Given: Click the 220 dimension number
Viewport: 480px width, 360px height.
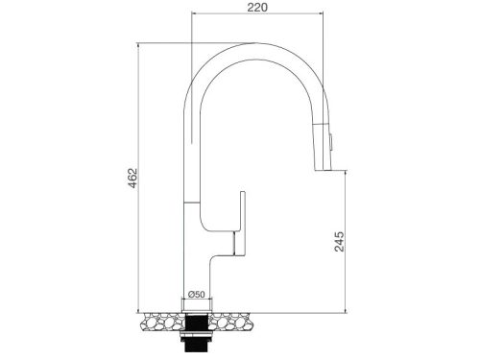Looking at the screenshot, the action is click(257, 8).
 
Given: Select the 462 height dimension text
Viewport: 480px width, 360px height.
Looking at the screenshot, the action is click(132, 178).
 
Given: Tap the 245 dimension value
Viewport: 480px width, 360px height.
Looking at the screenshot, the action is click(339, 242).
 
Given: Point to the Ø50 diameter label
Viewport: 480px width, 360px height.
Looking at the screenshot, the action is click(197, 294).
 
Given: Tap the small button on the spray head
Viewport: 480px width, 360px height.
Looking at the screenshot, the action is click(331, 141).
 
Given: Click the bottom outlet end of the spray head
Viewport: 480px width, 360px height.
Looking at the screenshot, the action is click(322, 170).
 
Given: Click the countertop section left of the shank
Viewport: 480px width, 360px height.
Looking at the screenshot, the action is click(162, 322).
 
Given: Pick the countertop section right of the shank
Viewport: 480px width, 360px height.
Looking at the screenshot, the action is click(231, 322).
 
